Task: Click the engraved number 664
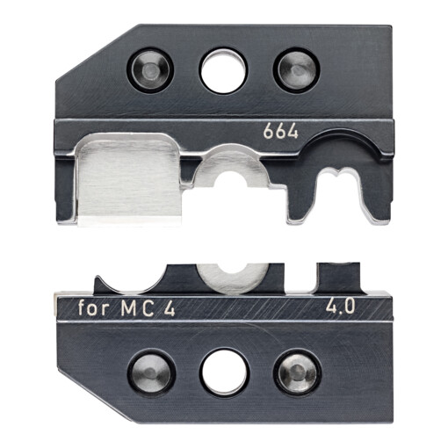click(x=280, y=132)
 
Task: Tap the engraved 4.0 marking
click(x=341, y=307)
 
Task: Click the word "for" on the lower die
click(x=94, y=308)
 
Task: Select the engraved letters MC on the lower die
click(x=137, y=308)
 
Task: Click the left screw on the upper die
click(x=150, y=70)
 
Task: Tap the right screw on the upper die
click(x=297, y=70)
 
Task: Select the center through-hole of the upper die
click(x=223, y=71)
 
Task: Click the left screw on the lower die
click(x=151, y=372)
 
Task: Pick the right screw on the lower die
click(x=298, y=372)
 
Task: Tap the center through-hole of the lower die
click(x=224, y=372)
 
